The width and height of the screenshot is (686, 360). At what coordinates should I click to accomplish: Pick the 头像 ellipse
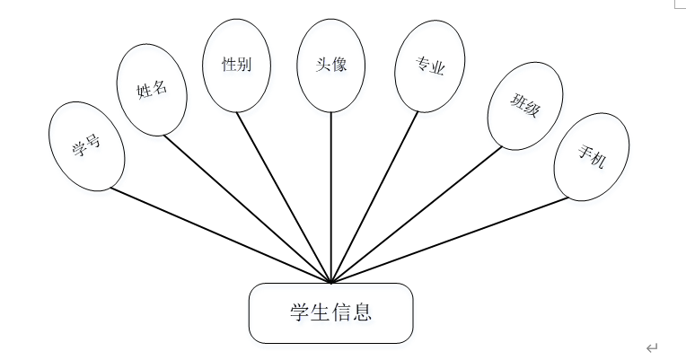tap(331, 66)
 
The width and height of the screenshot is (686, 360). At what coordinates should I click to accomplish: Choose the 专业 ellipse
tap(429, 66)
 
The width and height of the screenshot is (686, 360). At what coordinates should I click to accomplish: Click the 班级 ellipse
tap(525, 105)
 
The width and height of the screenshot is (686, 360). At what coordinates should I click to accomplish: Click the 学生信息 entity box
tap(330, 313)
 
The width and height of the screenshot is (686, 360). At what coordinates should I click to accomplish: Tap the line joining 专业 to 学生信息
tap(374, 196)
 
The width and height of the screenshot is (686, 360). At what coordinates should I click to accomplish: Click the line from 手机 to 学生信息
tap(451, 238)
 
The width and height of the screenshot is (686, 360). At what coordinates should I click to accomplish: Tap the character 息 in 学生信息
tap(362, 313)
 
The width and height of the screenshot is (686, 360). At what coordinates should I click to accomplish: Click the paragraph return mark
tap(652, 347)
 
